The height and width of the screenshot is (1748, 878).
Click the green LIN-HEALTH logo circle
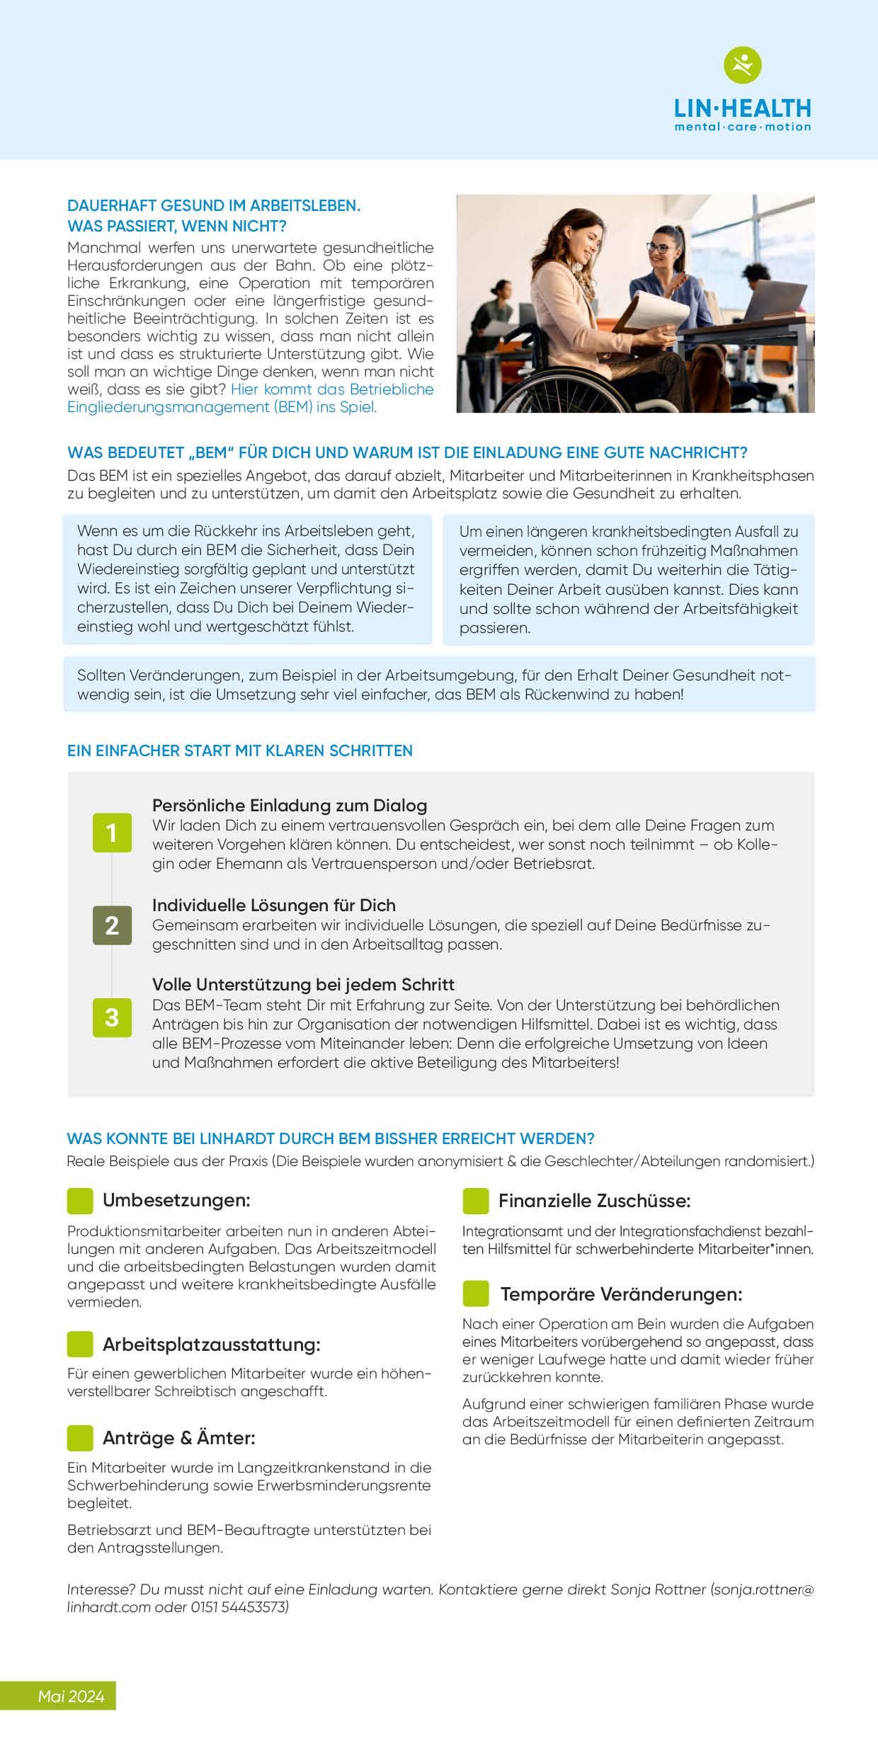(x=742, y=65)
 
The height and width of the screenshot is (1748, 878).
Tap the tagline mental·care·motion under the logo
(x=742, y=127)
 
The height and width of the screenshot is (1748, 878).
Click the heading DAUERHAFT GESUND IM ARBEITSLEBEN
(x=214, y=206)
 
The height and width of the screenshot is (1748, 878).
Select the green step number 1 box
(x=112, y=833)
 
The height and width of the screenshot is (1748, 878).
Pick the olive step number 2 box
(x=112, y=925)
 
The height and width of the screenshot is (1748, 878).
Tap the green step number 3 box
(x=112, y=1017)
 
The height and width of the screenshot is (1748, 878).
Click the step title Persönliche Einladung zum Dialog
(x=290, y=806)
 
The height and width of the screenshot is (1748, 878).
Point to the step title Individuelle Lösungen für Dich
(x=273, y=906)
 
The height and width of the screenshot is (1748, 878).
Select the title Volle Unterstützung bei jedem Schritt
(x=303, y=985)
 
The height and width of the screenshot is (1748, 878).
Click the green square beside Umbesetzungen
(x=80, y=1201)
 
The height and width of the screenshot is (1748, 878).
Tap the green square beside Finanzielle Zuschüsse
(x=476, y=1201)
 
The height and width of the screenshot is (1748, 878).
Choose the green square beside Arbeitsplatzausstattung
(x=80, y=1344)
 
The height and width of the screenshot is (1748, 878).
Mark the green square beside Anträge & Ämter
(x=80, y=1438)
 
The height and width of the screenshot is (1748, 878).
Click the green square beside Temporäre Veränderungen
(x=476, y=1293)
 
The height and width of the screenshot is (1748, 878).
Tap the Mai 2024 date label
(x=71, y=1696)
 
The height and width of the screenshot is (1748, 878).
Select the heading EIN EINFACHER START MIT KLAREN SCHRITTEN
(x=239, y=751)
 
